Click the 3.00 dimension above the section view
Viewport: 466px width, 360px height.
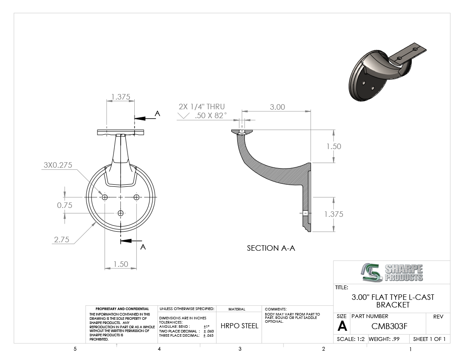coord(277,107)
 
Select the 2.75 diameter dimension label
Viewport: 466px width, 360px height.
coord(61,239)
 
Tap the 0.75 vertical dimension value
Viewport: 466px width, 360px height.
coord(64,205)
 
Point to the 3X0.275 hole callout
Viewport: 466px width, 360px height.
coord(58,165)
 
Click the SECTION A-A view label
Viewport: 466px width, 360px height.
coord(271,248)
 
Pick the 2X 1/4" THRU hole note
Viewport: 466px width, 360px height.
coord(202,107)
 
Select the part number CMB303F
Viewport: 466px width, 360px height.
coord(389,326)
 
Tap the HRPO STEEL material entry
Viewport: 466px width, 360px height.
coord(239,326)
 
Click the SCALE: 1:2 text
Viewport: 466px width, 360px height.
coord(351,339)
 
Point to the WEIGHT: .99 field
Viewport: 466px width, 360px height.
coord(384,339)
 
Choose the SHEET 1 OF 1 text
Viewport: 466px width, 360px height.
coord(429,339)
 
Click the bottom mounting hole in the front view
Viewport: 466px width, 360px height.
coord(120,213)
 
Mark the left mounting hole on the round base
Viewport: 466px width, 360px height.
coord(105,197)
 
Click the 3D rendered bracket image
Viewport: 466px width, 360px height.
coord(387,72)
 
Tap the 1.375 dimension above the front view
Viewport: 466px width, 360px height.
coord(121,97)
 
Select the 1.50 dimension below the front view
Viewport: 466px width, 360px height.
coord(121,264)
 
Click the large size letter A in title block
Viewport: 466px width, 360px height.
coord(342,327)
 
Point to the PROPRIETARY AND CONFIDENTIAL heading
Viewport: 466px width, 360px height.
coord(122,309)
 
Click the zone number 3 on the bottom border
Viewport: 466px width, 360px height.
coord(240,349)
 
